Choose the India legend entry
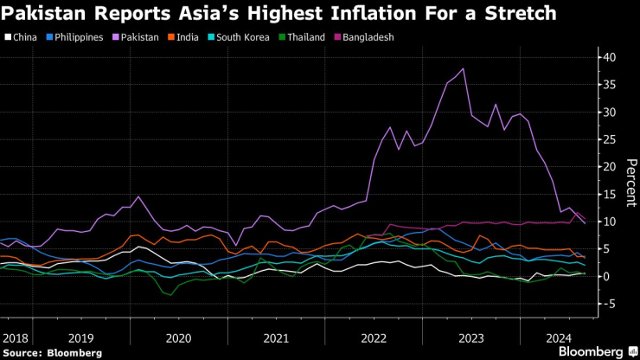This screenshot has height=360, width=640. (x=186, y=37)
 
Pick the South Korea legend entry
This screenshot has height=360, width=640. (x=235, y=37)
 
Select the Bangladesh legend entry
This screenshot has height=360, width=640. (x=367, y=37)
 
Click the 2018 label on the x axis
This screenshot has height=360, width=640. (x=15, y=338)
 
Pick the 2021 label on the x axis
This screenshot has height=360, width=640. (x=275, y=338)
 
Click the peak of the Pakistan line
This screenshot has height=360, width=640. (x=464, y=68)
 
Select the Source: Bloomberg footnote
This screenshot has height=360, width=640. (x=52, y=352)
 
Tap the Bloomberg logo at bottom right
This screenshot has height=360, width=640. (x=596, y=351)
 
